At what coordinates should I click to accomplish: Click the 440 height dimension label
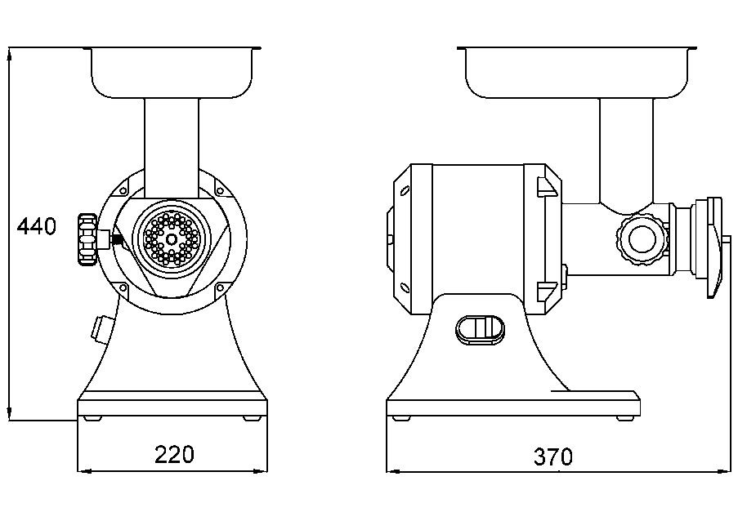pos(37,227)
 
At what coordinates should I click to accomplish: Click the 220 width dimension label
pos(174,454)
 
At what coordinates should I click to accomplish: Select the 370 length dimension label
pos(553,456)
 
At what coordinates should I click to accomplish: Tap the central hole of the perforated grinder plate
pos(172,239)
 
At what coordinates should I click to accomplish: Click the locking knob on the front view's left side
pos(87,240)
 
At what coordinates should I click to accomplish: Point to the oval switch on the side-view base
pos(480,329)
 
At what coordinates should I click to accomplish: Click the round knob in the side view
pos(642,239)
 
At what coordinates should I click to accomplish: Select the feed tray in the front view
pos(172,73)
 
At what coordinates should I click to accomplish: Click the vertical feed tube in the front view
pos(172,148)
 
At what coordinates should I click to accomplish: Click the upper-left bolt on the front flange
pos(123,189)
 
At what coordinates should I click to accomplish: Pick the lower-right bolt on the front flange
pos(220,287)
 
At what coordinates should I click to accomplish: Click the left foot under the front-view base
pos(92,418)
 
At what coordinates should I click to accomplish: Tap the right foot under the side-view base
pos(625,418)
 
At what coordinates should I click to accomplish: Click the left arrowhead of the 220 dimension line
pos(85,470)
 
